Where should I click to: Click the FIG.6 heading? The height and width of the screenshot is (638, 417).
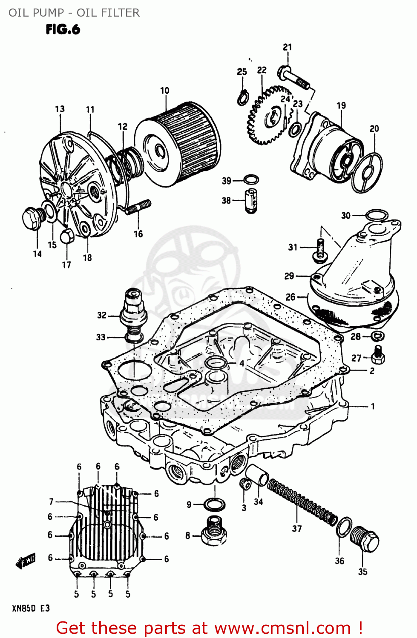click(63, 29)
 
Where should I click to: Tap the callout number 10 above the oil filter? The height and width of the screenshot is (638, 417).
click(164, 91)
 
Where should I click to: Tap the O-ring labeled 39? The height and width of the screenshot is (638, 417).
click(251, 179)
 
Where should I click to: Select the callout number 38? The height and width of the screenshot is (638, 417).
click(226, 200)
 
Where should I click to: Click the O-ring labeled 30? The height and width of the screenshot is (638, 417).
click(377, 216)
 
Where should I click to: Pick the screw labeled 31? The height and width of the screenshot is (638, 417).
click(320, 249)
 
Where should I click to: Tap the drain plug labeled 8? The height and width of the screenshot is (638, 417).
click(214, 531)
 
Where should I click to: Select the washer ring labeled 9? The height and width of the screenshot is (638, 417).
click(214, 505)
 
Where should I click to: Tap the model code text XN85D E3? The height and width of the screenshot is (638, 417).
click(31, 608)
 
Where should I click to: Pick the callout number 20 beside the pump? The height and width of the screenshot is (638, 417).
click(374, 128)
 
